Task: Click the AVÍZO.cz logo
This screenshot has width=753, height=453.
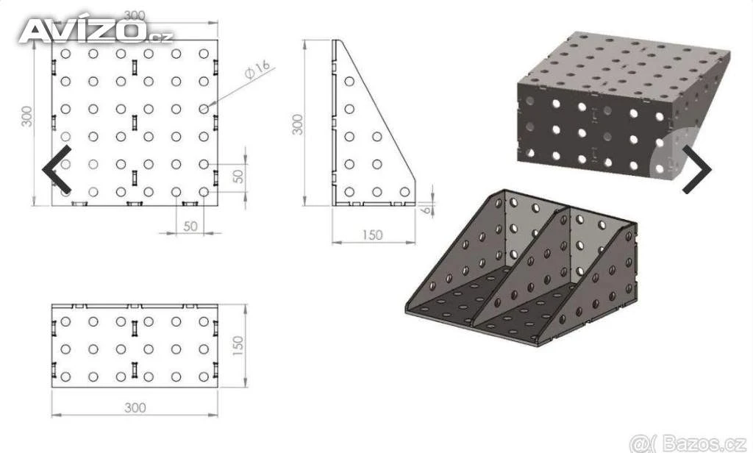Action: click(x=96, y=31)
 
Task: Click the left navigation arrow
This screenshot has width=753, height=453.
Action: click(x=57, y=170)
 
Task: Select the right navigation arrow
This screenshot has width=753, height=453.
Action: click(x=697, y=170)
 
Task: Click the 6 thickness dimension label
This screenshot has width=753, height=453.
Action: click(x=427, y=209)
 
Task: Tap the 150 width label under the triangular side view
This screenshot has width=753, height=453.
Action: click(x=372, y=235)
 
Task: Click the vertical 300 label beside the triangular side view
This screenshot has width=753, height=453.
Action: click(x=298, y=124)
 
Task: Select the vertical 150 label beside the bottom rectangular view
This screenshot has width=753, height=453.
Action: click(x=238, y=346)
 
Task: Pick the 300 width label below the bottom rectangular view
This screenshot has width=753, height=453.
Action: click(x=135, y=408)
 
